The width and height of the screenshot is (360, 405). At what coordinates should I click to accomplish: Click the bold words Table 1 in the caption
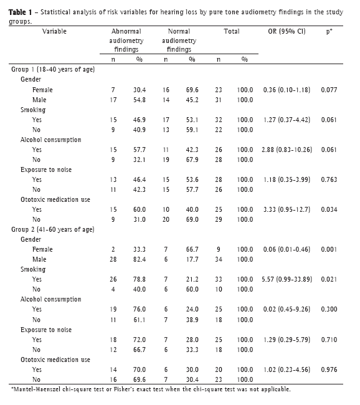click(20, 12)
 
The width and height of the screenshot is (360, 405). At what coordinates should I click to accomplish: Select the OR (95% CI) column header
click(287, 32)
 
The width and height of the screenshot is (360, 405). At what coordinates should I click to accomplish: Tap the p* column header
click(329, 32)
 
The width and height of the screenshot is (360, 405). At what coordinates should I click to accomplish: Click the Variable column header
click(54, 32)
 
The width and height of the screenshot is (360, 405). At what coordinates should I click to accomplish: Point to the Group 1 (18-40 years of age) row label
click(53, 70)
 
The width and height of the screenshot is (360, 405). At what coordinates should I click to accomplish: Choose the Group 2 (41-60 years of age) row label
click(53, 229)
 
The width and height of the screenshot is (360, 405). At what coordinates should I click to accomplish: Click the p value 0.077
click(329, 90)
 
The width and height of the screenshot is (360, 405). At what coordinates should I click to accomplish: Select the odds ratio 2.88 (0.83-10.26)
click(287, 150)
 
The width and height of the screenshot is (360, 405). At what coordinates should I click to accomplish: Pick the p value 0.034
click(329, 209)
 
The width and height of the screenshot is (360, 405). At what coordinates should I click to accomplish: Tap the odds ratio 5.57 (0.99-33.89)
click(287, 280)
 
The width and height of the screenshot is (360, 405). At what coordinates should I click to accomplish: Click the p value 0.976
click(329, 369)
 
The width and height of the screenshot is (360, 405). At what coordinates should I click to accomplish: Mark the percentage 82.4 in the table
click(140, 259)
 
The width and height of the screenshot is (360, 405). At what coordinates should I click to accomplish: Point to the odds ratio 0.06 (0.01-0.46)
click(287, 249)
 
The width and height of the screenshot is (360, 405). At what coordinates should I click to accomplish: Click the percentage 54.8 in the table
click(140, 100)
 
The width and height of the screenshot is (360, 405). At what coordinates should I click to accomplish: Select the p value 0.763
click(329, 179)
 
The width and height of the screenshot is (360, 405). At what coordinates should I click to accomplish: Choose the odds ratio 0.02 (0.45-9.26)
click(287, 310)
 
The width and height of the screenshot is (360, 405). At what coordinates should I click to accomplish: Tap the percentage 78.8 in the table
click(140, 280)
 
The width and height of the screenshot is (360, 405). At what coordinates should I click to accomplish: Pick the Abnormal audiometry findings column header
click(126, 40)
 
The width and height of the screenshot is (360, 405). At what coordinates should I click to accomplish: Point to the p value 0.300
click(329, 310)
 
